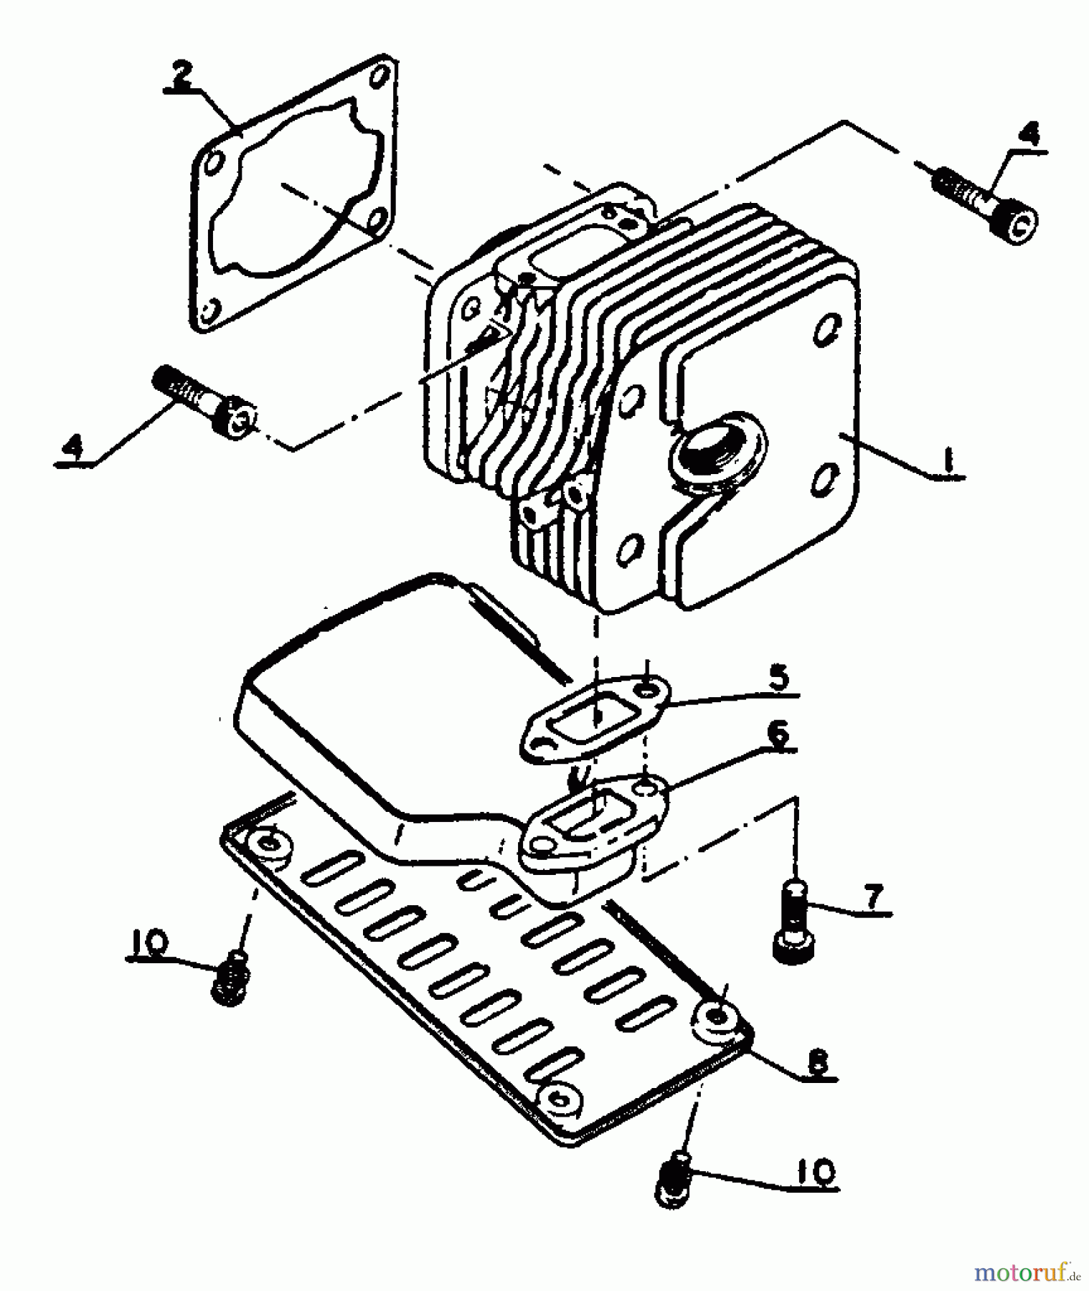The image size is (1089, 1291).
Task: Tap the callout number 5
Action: pyautogui.click(x=779, y=676)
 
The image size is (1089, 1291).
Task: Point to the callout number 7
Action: pyautogui.click(x=872, y=897)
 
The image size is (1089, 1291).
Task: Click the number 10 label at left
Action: pyautogui.click(x=148, y=942)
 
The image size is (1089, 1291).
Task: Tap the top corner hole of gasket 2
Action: pyautogui.click(x=385, y=72)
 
